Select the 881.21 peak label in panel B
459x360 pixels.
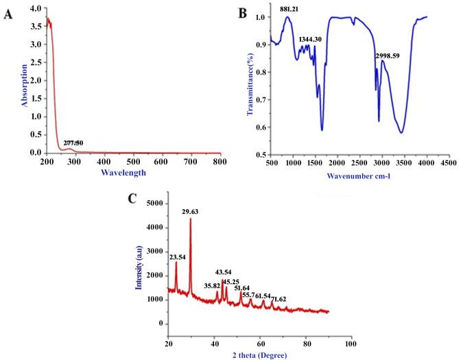tap(289, 10)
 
